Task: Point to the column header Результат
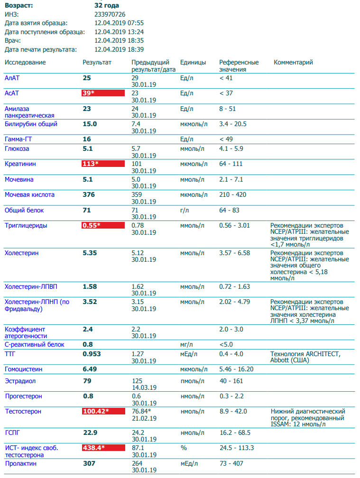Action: (x=97, y=63)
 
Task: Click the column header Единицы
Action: (x=193, y=63)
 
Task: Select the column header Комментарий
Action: (x=293, y=63)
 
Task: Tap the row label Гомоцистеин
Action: (x=23, y=369)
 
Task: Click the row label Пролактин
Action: (x=20, y=463)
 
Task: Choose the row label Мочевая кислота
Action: (x=29, y=194)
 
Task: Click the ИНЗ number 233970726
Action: (x=110, y=14)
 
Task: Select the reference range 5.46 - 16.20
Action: (x=236, y=369)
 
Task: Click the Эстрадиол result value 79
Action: (x=87, y=381)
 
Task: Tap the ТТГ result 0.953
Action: (x=92, y=354)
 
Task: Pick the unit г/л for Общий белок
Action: (x=185, y=210)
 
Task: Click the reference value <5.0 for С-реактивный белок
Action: (x=226, y=345)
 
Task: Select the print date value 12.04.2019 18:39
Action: (x=119, y=49)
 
